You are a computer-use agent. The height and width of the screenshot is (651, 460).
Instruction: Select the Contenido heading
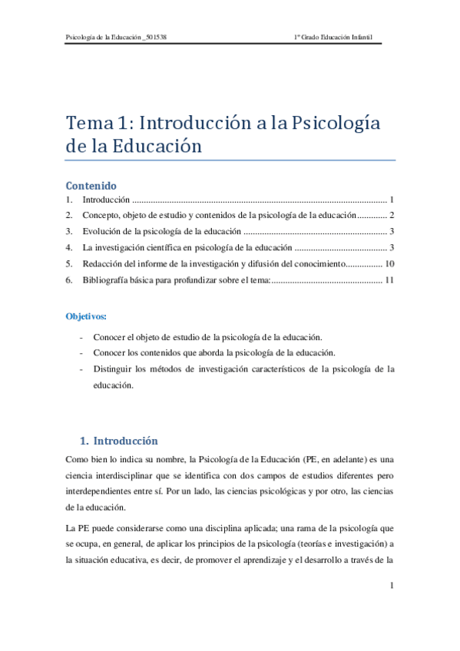(91, 186)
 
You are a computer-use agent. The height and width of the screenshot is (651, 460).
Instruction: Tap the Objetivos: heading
(86, 316)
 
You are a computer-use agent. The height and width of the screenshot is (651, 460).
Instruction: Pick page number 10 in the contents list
(389, 263)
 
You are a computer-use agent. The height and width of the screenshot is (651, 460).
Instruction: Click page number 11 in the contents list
(389, 279)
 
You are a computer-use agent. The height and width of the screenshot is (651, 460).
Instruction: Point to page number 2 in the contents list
(392, 215)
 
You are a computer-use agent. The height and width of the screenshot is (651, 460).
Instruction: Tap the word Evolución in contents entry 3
(103, 231)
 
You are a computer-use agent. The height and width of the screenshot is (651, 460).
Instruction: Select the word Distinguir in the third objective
(113, 369)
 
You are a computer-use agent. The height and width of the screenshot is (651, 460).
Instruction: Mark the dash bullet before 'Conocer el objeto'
(81, 337)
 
